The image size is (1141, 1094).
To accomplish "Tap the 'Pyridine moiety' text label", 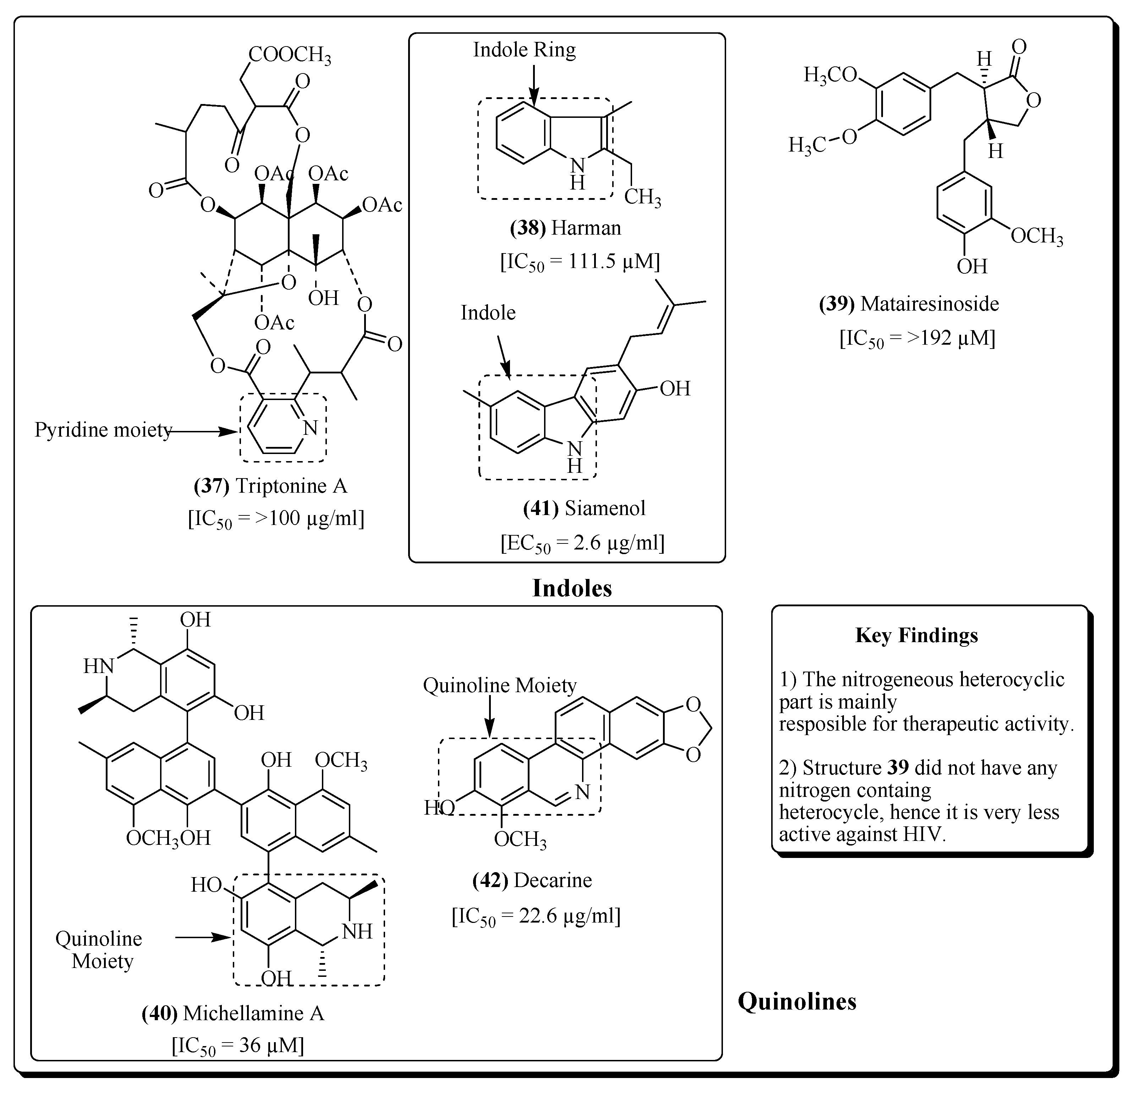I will tap(103, 430).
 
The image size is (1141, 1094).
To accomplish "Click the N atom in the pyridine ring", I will tap(310, 428).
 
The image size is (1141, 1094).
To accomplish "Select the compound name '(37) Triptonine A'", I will tap(270, 486).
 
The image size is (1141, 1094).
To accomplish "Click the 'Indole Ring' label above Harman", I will tap(524, 50).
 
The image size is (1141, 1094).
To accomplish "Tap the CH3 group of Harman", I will tap(642, 197).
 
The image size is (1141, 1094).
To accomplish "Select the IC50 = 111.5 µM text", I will tap(580, 262).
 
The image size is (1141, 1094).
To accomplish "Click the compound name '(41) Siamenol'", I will tap(584, 508).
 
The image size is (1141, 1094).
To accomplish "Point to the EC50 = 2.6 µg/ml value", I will tap(582, 543).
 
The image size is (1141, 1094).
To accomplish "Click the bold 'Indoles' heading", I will tap(572, 589).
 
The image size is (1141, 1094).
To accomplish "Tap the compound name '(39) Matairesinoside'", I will tap(909, 303).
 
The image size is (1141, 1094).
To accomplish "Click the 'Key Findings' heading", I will tap(916, 635).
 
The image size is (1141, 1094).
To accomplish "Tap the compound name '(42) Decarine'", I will tap(532, 880).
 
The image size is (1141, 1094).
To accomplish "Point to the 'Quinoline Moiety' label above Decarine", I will tap(499, 685).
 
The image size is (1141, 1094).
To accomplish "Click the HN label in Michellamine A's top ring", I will tap(98, 666).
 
